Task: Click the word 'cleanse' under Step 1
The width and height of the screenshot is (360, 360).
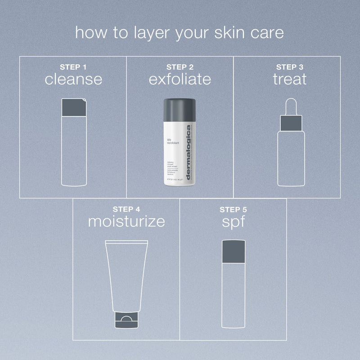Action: (x=73, y=79)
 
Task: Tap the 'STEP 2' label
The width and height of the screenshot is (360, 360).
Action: (x=180, y=67)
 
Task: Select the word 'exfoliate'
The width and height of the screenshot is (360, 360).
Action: (x=180, y=79)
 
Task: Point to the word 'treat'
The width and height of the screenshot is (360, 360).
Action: (x=289, y=79)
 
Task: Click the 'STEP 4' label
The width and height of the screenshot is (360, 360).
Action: (x=126, y=209)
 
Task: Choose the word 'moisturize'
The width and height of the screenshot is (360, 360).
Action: (x=126, y=221)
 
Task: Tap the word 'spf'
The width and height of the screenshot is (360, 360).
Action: (x=233, y=221)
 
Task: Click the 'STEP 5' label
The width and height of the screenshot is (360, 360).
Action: (x=233, y=209)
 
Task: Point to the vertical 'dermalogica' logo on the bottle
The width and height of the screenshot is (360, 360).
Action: (x=189, y=153)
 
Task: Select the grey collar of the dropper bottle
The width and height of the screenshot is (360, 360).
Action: (x=289, y=122)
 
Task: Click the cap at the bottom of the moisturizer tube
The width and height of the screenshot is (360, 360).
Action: (x=126, y=319)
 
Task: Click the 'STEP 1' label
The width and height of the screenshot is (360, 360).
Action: (x=73, y=67)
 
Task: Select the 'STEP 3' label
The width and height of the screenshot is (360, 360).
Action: (x=289, y=67)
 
